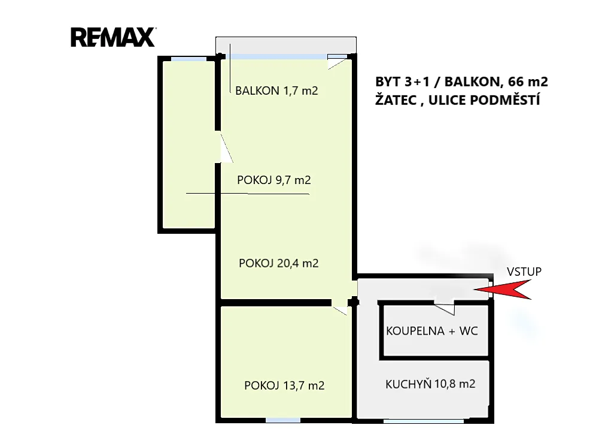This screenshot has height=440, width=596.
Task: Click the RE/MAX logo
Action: (113, 37)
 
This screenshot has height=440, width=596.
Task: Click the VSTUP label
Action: (524, 272)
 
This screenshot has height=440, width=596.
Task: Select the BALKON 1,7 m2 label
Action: (276, 91)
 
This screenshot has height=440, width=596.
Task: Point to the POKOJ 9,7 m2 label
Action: (273, 180)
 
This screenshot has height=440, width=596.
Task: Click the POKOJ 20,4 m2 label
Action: (279, 263)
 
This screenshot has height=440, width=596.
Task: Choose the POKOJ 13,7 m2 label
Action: (284, 385)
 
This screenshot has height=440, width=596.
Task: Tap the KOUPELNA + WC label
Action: (432, 331)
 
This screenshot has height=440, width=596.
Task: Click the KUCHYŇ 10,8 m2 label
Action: (430, 384)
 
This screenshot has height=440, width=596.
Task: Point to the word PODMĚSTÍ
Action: (505, 100)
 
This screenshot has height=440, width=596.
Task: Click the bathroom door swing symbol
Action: (445, 308)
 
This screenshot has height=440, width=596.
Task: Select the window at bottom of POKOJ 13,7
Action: (283, 420)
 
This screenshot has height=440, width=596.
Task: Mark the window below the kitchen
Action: (424, 421)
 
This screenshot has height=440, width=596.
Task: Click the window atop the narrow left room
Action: (188, 59)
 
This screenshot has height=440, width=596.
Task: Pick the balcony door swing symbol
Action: (337, 62)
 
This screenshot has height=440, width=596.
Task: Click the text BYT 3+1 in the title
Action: (403, 82)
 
